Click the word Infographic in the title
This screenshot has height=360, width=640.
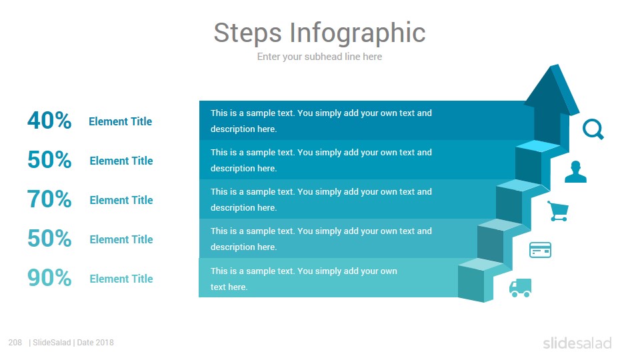pyautogui.click(x=357, y=33)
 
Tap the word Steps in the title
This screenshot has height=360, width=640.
pyautogui.click(x=248, y=33)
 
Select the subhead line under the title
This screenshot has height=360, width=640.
pyautogui.click(x=319, y=57)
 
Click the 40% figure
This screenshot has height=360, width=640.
pyautogui.click(x=49, y=121)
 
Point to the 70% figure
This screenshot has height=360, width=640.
pyautogui.click(x=49, y=199)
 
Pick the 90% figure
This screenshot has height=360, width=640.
pyautogui.click(x=49, y=278)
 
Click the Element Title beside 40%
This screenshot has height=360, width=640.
pyautogui.click(x=121, y=121)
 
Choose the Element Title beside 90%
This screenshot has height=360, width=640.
pyautogui.click(x=121, y=279)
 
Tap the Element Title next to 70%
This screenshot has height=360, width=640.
pyautogui.click(x=121, y=200)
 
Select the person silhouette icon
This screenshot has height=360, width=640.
pyautogui.click(x=575, y=172)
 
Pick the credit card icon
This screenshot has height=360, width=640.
pyautogui.click(x=540, y=250)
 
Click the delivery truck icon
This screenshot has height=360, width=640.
pyautogui.click(x=521, y=288)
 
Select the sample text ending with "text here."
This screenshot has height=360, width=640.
pyautogui.click(x=304, y=279)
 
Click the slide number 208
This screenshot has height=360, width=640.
pyautogui.click(x=15, y=343)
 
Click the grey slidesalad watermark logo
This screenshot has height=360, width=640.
pyautogui.click(x=577, y=343)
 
